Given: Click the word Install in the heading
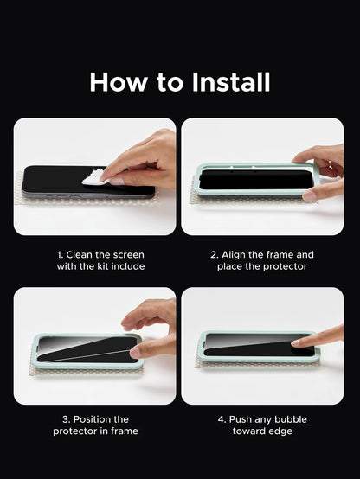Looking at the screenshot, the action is (x=231, y=82).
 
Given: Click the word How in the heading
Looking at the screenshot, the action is (x=118, y=82).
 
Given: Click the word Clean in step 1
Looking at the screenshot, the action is (x=80, y=255).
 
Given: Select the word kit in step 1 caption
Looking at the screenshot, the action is (x=103, y=266).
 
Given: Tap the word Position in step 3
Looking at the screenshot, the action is (x=93, y=419).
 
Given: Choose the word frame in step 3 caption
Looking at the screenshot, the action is (x=125, y=431).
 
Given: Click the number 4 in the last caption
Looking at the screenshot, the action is (x=221, y=419).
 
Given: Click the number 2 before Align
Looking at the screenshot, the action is (x=213, y=255).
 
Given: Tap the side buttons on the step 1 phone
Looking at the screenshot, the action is (x=64, y=197).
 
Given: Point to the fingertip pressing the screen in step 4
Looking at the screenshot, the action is (x=296, y=343).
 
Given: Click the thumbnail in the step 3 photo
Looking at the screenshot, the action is (x=135, y=353).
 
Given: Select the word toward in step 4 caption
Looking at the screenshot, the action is (x=249, y=431).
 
